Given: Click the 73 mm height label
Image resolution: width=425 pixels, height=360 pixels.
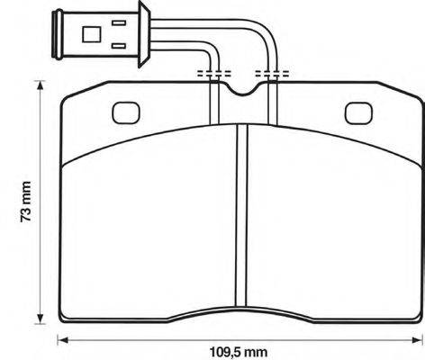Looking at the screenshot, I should (27, 203).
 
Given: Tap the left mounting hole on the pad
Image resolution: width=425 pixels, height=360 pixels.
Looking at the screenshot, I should (123, 113).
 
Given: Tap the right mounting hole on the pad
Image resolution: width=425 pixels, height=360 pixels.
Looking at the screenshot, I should (358, 113).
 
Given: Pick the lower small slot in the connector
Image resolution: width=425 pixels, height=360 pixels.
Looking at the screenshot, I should (118, 44).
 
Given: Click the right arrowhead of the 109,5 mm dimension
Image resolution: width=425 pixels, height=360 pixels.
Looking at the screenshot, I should (417, 339).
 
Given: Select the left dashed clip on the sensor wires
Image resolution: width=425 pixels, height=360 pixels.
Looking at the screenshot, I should (214, 71).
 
